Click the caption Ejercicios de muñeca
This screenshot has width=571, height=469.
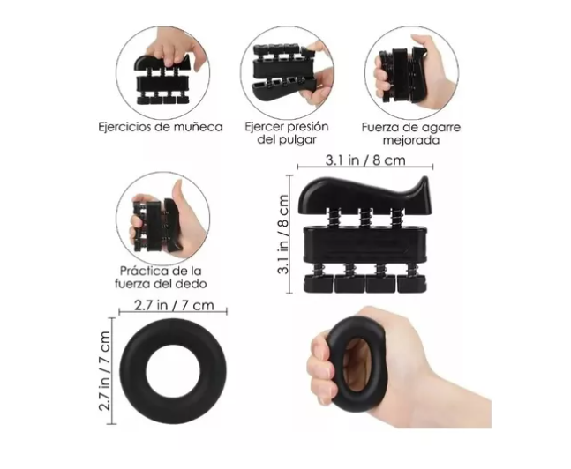click(160, 126)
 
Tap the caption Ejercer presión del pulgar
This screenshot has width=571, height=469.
click(286, 133)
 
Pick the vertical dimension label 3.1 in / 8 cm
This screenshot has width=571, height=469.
click(283, 234)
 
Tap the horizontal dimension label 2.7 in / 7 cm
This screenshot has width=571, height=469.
click(172, 306)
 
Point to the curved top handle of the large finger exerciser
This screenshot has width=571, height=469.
click(362, 193)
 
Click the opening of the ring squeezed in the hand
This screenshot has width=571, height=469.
click(357, 364)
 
